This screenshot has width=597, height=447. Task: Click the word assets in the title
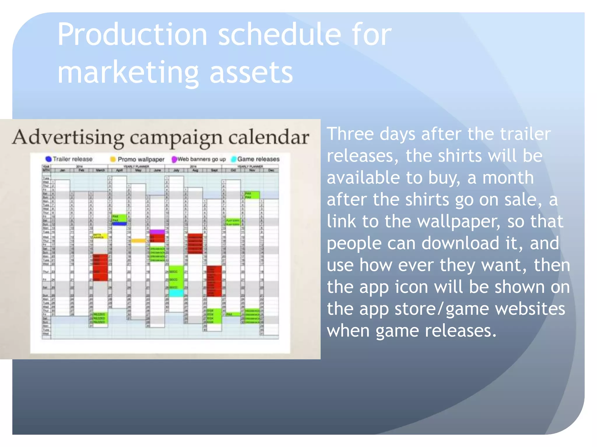(x=251, y=73)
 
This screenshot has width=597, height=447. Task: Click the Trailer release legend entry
(x=69, y=159)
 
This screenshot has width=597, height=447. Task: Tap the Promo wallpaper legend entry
(x=137, y=159)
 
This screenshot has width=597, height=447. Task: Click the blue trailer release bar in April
(x=120, y=224)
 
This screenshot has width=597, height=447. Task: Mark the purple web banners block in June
(x=157, y=232)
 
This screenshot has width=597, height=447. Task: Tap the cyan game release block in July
(x=176, y=293)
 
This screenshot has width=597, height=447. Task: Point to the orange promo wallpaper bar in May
(x=138, y=241)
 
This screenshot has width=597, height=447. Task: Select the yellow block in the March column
(x=100, y=236)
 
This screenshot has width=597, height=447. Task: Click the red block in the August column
(x=195, y=243)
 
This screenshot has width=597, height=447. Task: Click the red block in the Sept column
(x=214, y=281)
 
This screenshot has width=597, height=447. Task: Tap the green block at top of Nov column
(x=252, y=195)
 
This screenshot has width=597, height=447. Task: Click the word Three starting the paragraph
(x=350, y=134)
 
